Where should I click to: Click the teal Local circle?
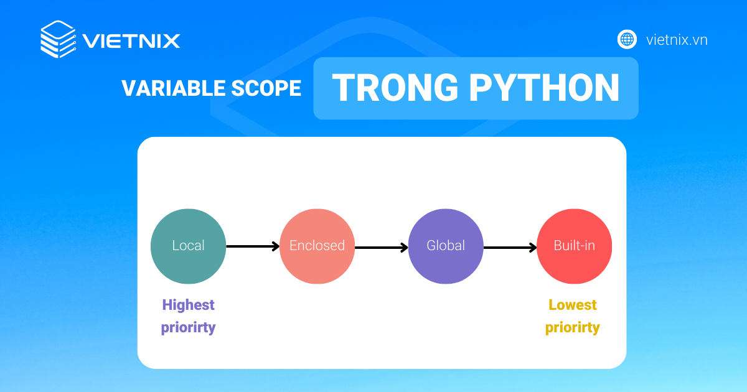pos(188,246)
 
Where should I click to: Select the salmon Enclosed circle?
pos(317,246)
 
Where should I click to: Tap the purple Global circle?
pos(446,246)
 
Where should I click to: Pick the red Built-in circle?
pos(575,246)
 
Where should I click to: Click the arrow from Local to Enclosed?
pos(252,246)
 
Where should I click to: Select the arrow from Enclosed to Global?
pos(381,247)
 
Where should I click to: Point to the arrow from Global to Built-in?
pos(510,248)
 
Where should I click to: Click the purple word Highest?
pos(188,305)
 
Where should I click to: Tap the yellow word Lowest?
pos(573,305)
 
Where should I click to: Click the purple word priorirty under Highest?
pos(188,327)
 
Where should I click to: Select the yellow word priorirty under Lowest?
pos(573,327)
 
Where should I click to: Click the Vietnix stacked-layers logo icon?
pos(58,40)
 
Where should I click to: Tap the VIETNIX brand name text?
pos(131,41)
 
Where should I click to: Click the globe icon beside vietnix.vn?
pos(627,39)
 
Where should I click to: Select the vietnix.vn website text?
pos(677,40)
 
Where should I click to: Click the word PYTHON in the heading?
pos(544,88)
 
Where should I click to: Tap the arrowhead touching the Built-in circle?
pos(533,248)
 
